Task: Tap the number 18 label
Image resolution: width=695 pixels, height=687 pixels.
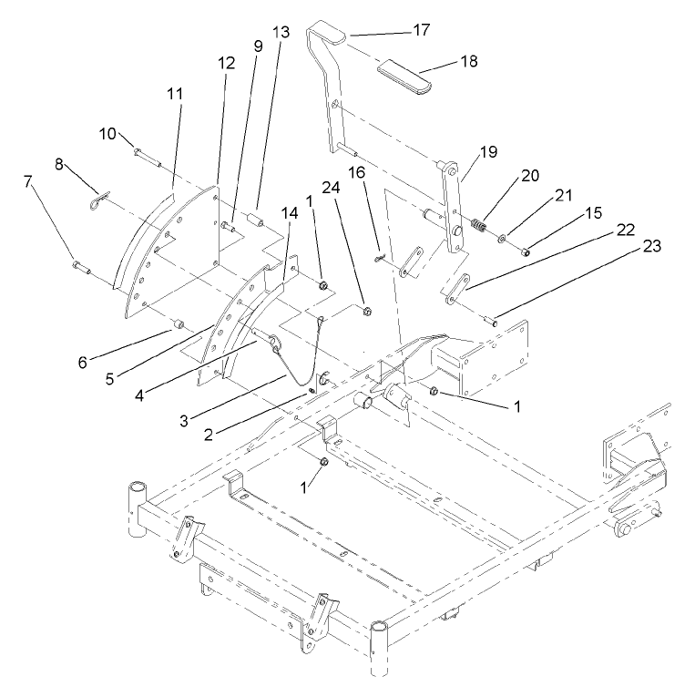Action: click(467, 61)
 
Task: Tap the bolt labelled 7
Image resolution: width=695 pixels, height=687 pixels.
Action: click(79, 267)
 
